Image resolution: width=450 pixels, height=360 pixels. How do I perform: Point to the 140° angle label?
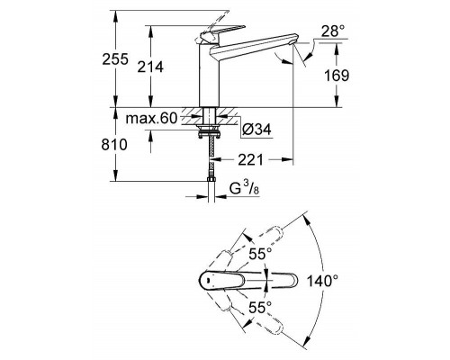click(347, 279)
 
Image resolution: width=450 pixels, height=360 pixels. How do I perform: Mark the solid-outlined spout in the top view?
click(270, 280)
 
